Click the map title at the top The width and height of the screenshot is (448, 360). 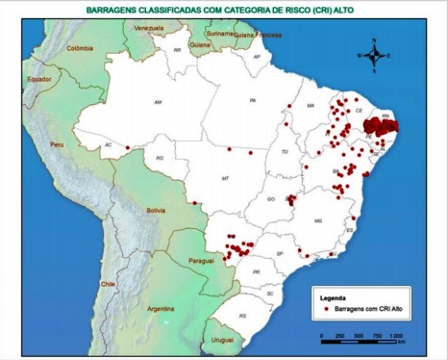225,11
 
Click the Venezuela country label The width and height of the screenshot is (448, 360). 148,29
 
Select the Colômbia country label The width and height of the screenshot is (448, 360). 80,48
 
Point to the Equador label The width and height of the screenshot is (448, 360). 39,79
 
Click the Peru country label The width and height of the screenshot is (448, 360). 56,143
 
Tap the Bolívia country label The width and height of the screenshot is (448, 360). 156,210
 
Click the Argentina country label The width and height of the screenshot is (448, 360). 161,309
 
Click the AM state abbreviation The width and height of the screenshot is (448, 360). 159,102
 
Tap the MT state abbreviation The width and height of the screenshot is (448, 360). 225,177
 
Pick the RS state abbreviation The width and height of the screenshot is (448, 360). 242,315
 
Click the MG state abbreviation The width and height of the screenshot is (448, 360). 318,220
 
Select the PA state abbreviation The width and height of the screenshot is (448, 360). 253,100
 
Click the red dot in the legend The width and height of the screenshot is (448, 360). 326,310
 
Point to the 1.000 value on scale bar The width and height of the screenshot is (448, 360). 397,336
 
